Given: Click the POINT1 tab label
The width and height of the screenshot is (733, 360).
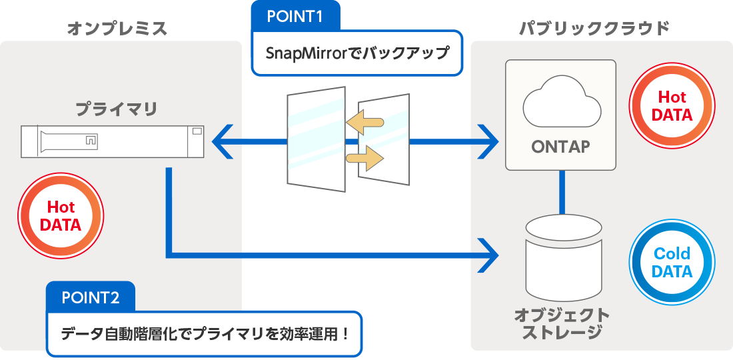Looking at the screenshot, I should point(295,17).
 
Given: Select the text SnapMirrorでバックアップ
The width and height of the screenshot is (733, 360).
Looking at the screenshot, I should point(357,53).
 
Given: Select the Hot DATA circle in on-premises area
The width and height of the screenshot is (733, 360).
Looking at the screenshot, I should point(61,216).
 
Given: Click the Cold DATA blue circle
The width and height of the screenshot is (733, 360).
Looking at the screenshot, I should point(672,263).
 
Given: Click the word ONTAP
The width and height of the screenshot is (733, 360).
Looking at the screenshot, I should point(560,147).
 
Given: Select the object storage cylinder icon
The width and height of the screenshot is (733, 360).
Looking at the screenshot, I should point(563,256).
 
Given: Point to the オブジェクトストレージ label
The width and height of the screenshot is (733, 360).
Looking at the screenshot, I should point(561,323).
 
